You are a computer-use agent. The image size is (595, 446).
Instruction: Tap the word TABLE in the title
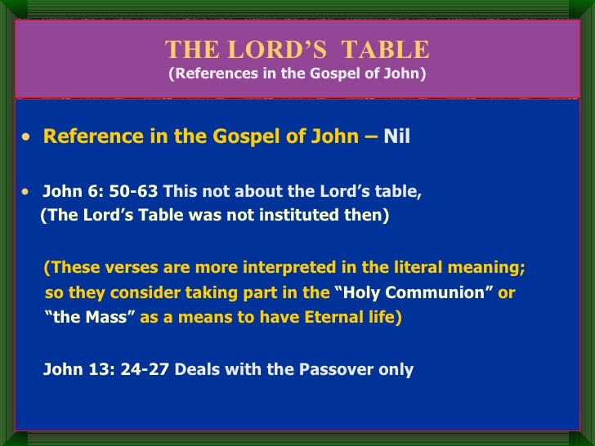(384, 51)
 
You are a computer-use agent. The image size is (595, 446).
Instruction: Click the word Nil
(396, 136)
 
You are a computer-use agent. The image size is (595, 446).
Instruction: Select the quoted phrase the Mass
(89, 318)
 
